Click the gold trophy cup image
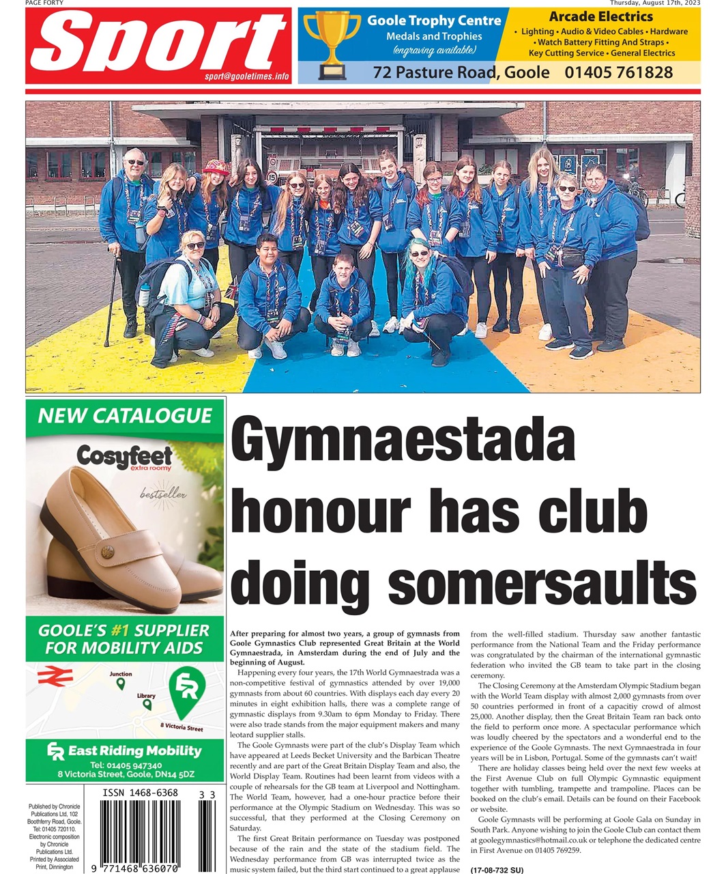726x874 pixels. (x=332, y=43)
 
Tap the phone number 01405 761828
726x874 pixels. (x=618, y=72)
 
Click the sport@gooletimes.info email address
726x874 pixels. (x=246, y=76)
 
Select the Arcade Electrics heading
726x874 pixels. (x=600, y=16)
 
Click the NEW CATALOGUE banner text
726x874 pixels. (x=125, y=415)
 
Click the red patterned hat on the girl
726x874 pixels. (x=216, y=167)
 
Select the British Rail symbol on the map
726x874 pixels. (x=50, y=676)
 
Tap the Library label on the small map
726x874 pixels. (x=146, y=696)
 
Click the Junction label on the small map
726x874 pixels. (x=121, y=674)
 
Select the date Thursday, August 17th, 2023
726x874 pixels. (x=655, y=3)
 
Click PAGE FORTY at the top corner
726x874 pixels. (x=44, y=3)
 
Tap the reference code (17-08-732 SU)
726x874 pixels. (x=497, y=870)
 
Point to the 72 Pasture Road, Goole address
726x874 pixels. (x=461, y=72)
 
